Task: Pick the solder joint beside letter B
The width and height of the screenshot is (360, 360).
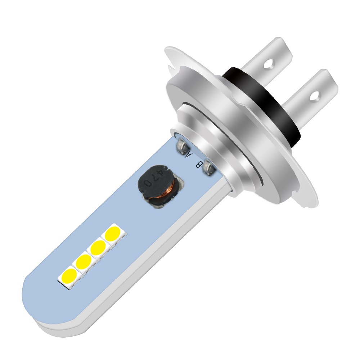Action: [x=208, y=168]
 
